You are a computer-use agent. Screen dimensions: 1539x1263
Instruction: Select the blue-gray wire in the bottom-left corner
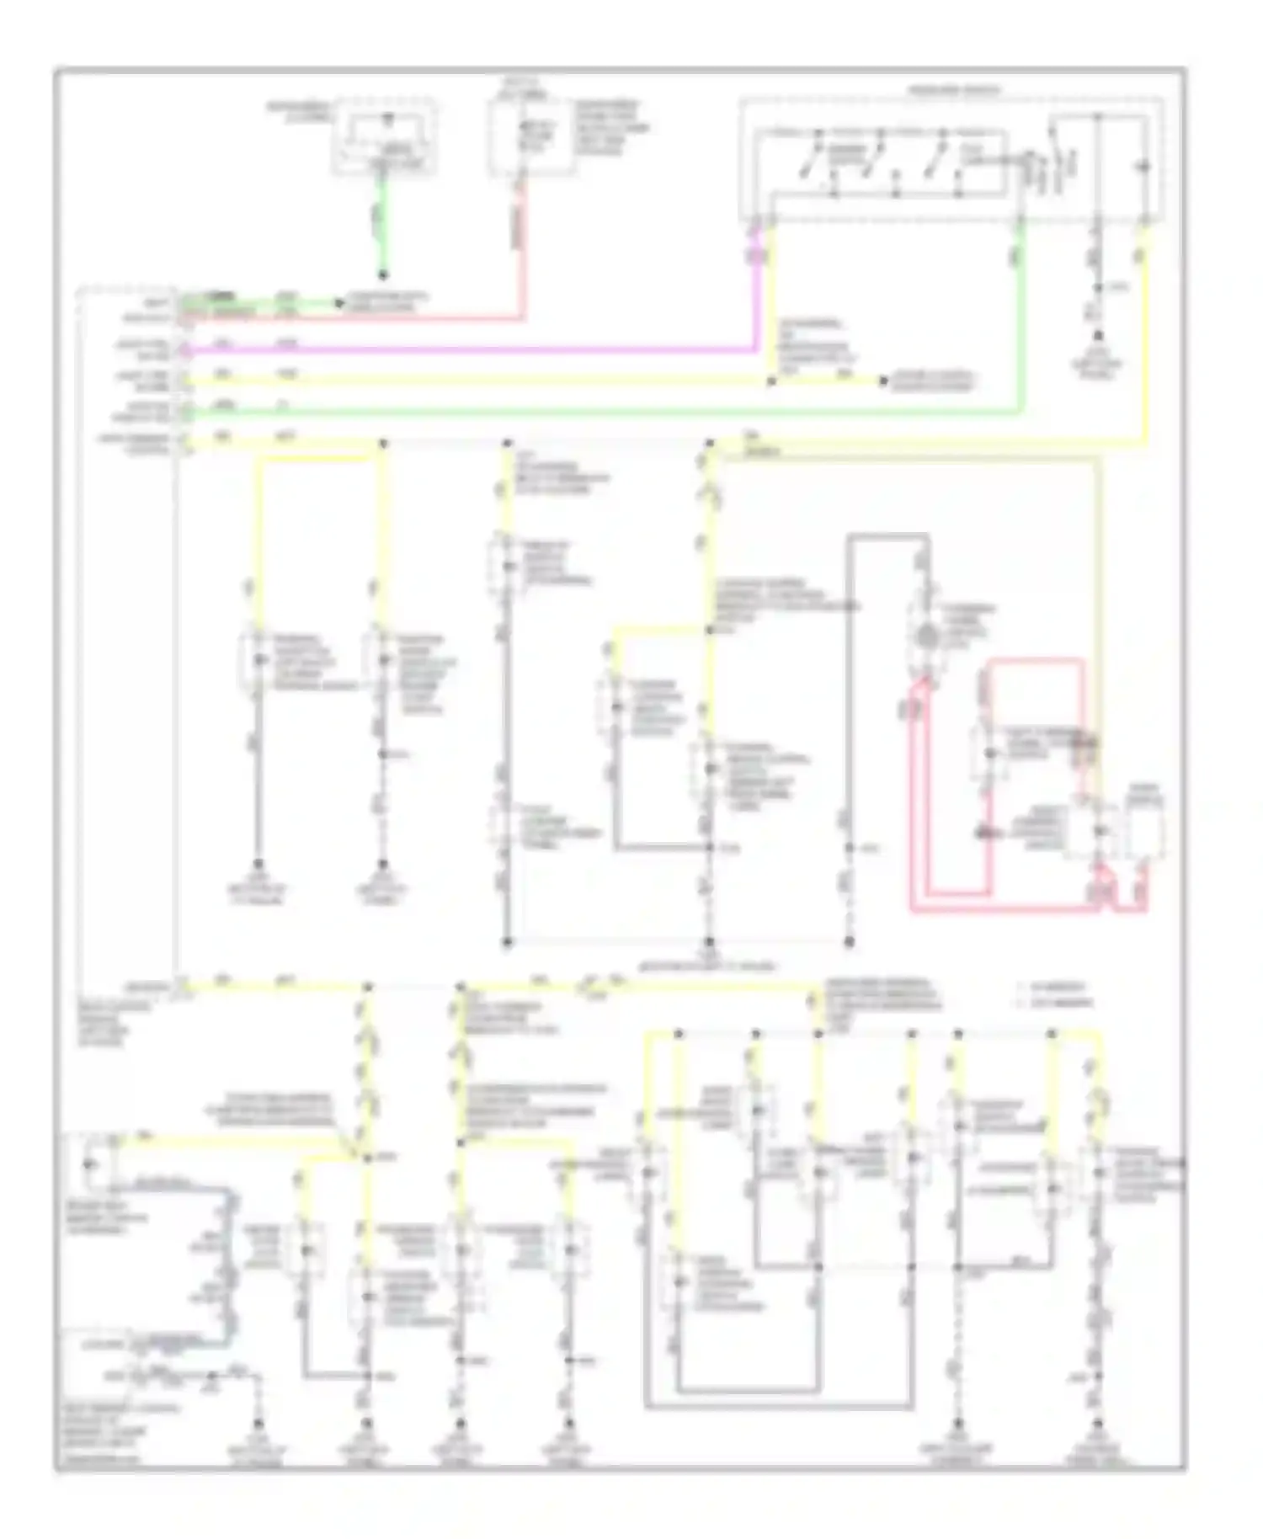click(226, 1263)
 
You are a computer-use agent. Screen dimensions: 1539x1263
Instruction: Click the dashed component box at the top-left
click(386, 136)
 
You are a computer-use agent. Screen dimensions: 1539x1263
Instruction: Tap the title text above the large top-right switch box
click(954, 90)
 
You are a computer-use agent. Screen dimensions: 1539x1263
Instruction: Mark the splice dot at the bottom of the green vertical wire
click(381, 275)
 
